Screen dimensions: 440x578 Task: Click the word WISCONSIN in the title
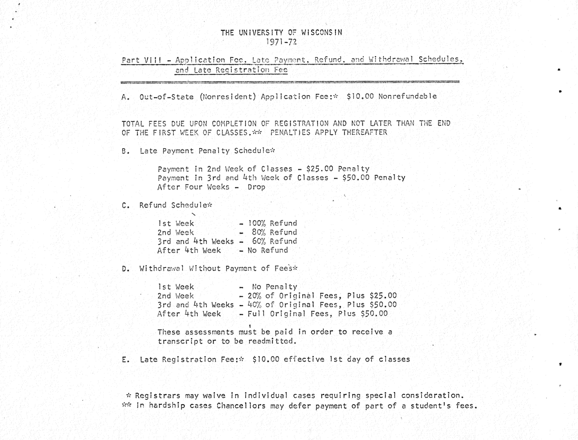pos(322,32)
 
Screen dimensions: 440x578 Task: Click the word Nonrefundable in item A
pos(408,96)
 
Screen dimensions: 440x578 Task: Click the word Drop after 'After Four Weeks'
pos(256,187)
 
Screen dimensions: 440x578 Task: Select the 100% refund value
pos(257,223)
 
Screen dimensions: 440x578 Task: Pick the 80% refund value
pos(259,232)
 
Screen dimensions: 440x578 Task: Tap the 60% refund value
pos(259,241)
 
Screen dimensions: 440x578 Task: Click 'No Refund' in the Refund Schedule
pos(268,250)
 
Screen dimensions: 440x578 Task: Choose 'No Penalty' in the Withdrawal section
pos(274,287)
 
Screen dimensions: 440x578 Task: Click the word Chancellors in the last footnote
pos(241,406)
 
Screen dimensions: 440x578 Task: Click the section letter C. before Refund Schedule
pos(125,205)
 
